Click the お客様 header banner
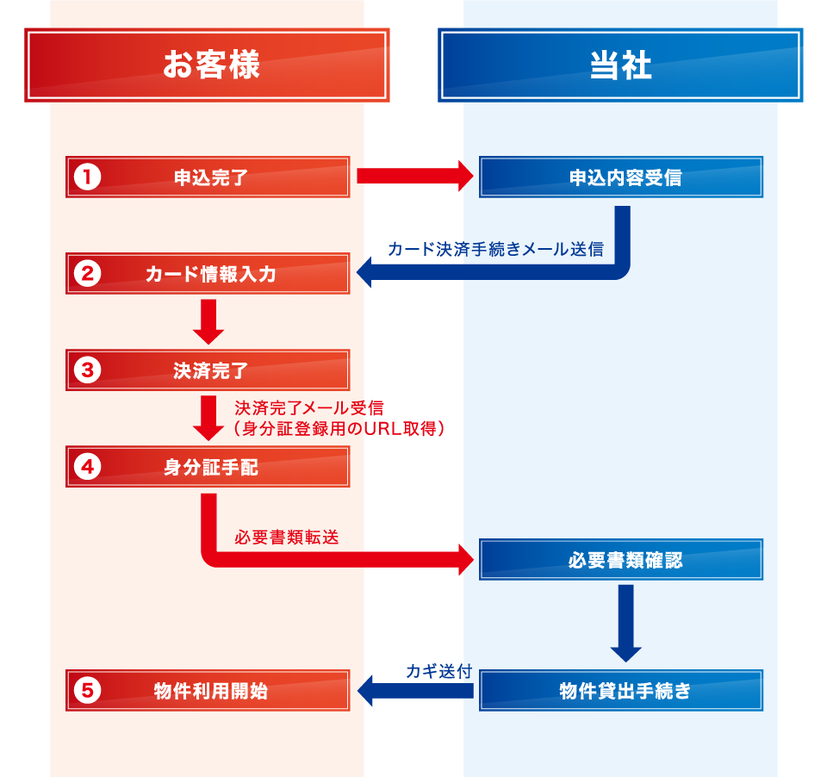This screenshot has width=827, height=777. click(x=208, y=65)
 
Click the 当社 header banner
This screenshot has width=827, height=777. click(x=620, y=65)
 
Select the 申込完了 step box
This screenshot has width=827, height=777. click(x=208, y=177)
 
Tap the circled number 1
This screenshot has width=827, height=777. click(x=88, y=177)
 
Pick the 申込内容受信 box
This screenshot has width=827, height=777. click(x=621, y=177)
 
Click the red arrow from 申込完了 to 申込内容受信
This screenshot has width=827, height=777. click(x=414, y=177)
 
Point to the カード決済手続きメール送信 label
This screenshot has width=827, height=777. click(x=495, y=249)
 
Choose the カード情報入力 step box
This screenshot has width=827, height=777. click(x=208, y=274)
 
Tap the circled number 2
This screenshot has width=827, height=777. click(x=88, y=274)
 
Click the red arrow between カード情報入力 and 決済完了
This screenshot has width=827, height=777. click(x=208, y=321)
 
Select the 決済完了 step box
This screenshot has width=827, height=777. click(x=208, y=370)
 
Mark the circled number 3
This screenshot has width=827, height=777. click(x=88, y=370)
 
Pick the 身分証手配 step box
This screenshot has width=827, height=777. click(x=208, y=467)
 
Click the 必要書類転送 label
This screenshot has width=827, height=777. click(x=287, y=537)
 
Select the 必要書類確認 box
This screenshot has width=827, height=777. click(x=621, y=560)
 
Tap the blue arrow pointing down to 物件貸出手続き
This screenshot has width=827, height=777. click(x=626, y=623)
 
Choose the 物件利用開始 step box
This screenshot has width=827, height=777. click(x=208, y=690)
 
